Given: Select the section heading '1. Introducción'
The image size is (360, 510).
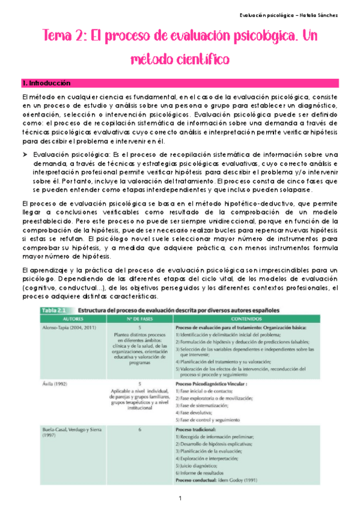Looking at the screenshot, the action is (45, 83).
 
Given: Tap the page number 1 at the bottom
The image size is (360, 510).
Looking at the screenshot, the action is (180, 499).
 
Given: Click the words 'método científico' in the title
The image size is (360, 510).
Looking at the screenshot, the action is (180, 60).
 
